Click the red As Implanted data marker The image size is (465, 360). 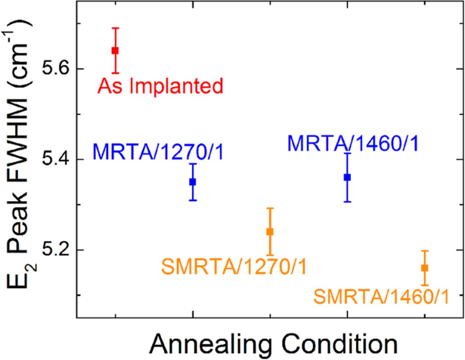pyautogui.click(x=115, y=50)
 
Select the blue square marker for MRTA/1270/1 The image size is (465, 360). pyautogui.click(x=193, y=182)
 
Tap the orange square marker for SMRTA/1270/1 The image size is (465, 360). pyautogui.click(x=270, y=231)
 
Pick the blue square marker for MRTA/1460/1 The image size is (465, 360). pyautogui.click(x=347, y=177)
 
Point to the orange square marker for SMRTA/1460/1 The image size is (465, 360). pyautogui.click(x=424, y=268)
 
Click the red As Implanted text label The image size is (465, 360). pyautogui.click(x=160, y=86)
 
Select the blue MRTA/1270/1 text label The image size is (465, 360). pyautogui.click(x=158, y=151)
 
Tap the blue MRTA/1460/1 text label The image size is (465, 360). pyautogui.click(x=353, y=143)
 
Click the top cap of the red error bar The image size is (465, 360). pyautogui.click(x=115, y=28)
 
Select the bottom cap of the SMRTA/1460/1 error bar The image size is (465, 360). pyautogui.click(x=424, y=285)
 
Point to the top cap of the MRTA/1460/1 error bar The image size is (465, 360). pyautogui.click(x=347, y=153)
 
